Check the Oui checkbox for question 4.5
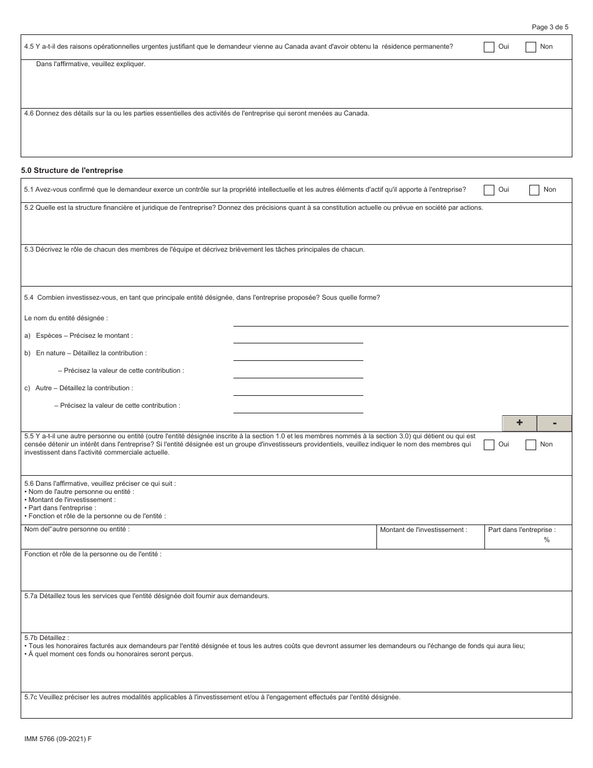[489, 47]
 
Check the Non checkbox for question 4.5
[531, 47]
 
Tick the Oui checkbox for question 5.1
[489, 190]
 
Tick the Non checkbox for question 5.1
[534, 190]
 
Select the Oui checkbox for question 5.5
[489, 445]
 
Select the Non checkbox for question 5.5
[531, 445]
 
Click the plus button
[519, 423]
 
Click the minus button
[554, 423]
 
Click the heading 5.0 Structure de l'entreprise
[72, 170]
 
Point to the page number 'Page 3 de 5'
[550, 27]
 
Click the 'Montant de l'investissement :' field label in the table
[423, 530]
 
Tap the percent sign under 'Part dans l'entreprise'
[547, 540]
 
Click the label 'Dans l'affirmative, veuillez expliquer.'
[91, 64]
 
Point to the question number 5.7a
[31, 596]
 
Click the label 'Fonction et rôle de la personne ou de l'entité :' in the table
[92, 554]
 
